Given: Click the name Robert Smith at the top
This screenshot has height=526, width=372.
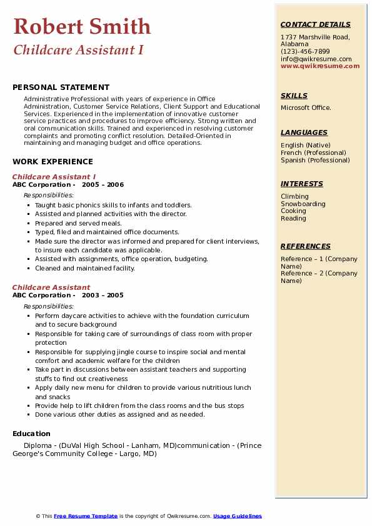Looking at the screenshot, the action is pos(82,26).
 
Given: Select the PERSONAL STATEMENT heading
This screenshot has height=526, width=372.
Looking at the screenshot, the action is pos(61,87).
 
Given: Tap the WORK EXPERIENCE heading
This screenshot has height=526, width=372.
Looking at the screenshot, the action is pos(53,161).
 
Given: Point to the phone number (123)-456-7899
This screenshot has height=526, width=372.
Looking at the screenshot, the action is pos(305,52).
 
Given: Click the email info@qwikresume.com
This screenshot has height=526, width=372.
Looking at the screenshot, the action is pos(316,59).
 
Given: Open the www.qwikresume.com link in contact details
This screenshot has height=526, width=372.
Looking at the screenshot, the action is pos(320,66).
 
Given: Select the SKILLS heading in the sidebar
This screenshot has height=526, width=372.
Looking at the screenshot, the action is pos(294,96).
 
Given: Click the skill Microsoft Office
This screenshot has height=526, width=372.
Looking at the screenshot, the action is pos(306,108).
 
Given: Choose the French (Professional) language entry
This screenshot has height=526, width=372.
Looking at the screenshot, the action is pos(313,152).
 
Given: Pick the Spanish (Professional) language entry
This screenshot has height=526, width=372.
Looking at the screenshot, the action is pos(315,160).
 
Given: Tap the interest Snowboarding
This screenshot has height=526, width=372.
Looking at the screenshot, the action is pos(303,204).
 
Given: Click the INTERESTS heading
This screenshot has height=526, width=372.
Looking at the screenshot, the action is pos(302,184).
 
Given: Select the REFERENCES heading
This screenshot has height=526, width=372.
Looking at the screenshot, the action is pos(305,246).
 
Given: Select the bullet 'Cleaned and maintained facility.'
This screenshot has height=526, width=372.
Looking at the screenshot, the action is pos(85,268).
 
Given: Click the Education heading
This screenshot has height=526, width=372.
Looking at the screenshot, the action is pos(31,434).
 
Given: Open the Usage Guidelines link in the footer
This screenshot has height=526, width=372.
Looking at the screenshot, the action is pos(237,516).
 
